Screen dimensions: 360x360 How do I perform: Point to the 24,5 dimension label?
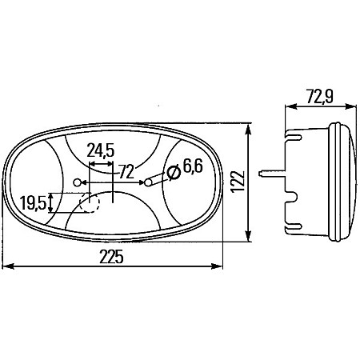102,149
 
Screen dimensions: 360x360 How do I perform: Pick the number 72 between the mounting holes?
126,170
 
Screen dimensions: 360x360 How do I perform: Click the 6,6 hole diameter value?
192,167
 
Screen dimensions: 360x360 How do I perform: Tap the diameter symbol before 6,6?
173,170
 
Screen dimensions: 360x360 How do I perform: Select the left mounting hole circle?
78,183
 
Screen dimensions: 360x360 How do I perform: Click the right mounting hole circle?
149,183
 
